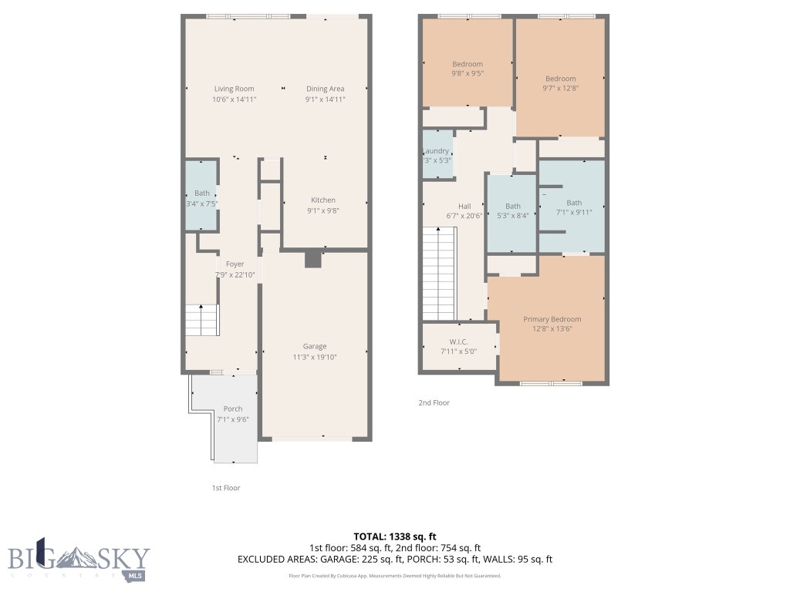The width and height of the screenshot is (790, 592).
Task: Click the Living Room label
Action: (234, 89)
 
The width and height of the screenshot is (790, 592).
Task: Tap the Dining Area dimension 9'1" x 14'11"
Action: (325, 99)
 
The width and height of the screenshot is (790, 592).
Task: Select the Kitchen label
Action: (323, 200)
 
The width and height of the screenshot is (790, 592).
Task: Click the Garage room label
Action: (314, 346)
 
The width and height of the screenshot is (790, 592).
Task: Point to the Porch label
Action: (233, 409)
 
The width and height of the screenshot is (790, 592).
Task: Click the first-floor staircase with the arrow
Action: (202, 319)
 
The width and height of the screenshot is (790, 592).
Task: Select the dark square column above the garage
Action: (312, 259)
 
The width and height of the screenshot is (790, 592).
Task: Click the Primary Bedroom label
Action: (552, 319)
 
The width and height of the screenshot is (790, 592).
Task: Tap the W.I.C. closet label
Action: (458, 341)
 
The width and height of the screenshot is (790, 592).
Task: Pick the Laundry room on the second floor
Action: (437, 154)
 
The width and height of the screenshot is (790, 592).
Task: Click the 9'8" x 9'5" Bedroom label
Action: (468, 64)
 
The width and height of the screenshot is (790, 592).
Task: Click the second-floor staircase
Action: (440, 277)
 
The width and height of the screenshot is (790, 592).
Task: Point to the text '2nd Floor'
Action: (434, 402)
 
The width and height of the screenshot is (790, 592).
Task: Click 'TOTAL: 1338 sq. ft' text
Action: (395, 536)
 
